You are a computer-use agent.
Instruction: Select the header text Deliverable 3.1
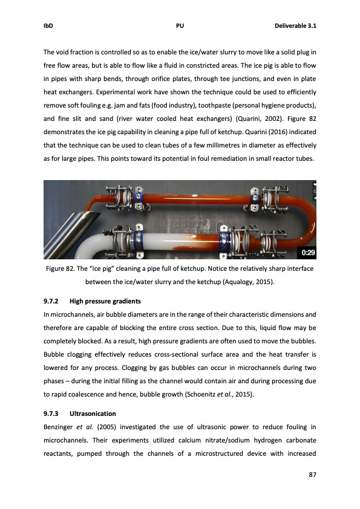click(296, 26)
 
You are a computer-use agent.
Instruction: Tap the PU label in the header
click(180, 26)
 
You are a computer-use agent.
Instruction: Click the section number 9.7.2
click(53, 300)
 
